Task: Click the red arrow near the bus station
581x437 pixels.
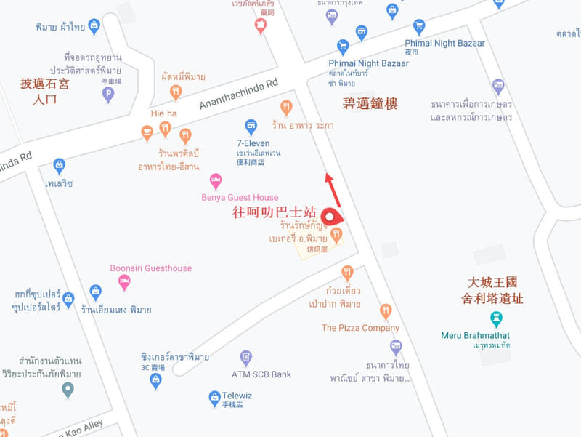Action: [332, 188]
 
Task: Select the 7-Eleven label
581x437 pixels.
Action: [253, 143]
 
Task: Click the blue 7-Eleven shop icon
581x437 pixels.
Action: [251, 126]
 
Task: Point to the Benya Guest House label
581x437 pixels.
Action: [240, 197]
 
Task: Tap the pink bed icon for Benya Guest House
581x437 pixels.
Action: [216, 180]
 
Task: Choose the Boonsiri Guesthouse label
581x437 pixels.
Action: [151, 268]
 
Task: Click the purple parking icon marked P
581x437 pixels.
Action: [109, 94]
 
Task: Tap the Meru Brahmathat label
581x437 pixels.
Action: [476, 335]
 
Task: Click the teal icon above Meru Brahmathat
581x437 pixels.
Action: [496, 318]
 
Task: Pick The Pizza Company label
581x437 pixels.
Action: [360, 328]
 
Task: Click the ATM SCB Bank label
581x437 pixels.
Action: [261, 374]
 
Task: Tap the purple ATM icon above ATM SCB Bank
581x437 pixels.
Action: [246, 358]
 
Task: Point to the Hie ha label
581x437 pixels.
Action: [163, 114]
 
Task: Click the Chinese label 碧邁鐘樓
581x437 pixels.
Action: [370, 104]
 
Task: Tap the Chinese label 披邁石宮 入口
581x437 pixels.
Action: [45, 92]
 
